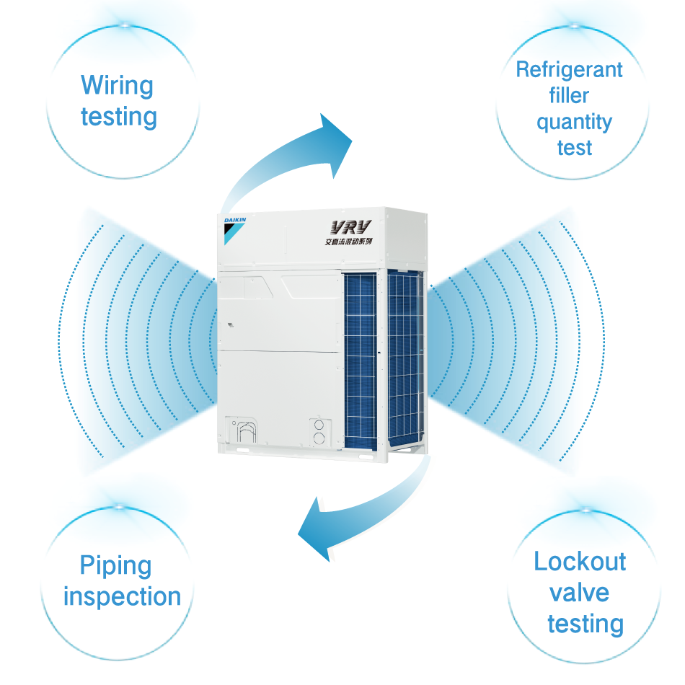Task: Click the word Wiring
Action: click(x=117, y=86)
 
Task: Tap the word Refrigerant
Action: click(x=569, y=70)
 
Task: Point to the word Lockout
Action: click(x=580, y=562)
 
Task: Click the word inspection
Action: click(x=122, y=597)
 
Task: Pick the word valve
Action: click(x=579, y=593)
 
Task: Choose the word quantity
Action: click(x=574, y=122)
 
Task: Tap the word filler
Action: click(x=569, y=96)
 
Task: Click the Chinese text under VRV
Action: click(x=348, y=242)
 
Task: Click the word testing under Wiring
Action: click(x=119, y=117)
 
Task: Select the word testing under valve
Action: click(x=585, y=624)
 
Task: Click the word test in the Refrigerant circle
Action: click(x=575, y=148)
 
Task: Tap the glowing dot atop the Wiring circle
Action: click(x=126, y=26)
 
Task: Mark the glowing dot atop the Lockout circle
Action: click(x=585, y=509)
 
